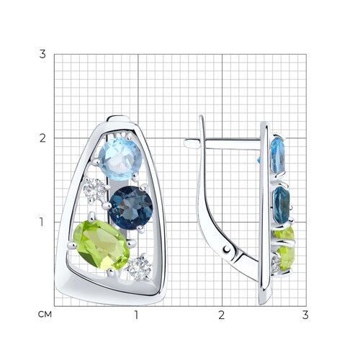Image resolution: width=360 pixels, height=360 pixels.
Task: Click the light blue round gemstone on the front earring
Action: coord(120,158)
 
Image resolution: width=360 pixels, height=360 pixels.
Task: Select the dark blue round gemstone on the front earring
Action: coord(130,208)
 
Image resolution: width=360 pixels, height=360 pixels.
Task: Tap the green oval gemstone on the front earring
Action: coord(102,245)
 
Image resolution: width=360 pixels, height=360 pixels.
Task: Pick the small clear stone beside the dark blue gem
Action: coord(94,191)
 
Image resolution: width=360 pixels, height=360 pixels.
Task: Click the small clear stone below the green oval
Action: coord(139,269)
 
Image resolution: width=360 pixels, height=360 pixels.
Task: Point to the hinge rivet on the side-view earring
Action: coord(227,250)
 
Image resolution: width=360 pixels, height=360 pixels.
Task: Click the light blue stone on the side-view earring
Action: coord(278,155)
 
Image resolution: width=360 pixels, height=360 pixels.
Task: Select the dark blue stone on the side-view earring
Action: coord(282,205)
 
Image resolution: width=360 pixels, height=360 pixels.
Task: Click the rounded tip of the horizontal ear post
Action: coord(186,143)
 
